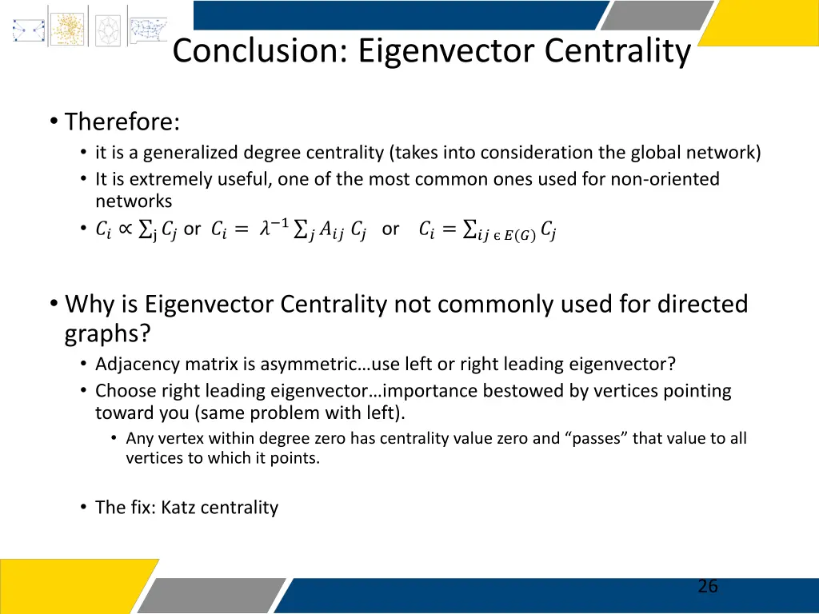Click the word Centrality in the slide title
(617, 51)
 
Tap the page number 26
(707, 587)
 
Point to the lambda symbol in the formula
(264, 229)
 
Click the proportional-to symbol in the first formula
(126, 229)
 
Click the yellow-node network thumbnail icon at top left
(67, 27)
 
